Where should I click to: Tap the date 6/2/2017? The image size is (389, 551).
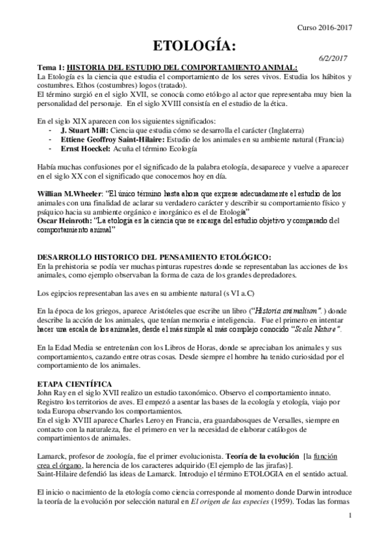click(x=334, y=58)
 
